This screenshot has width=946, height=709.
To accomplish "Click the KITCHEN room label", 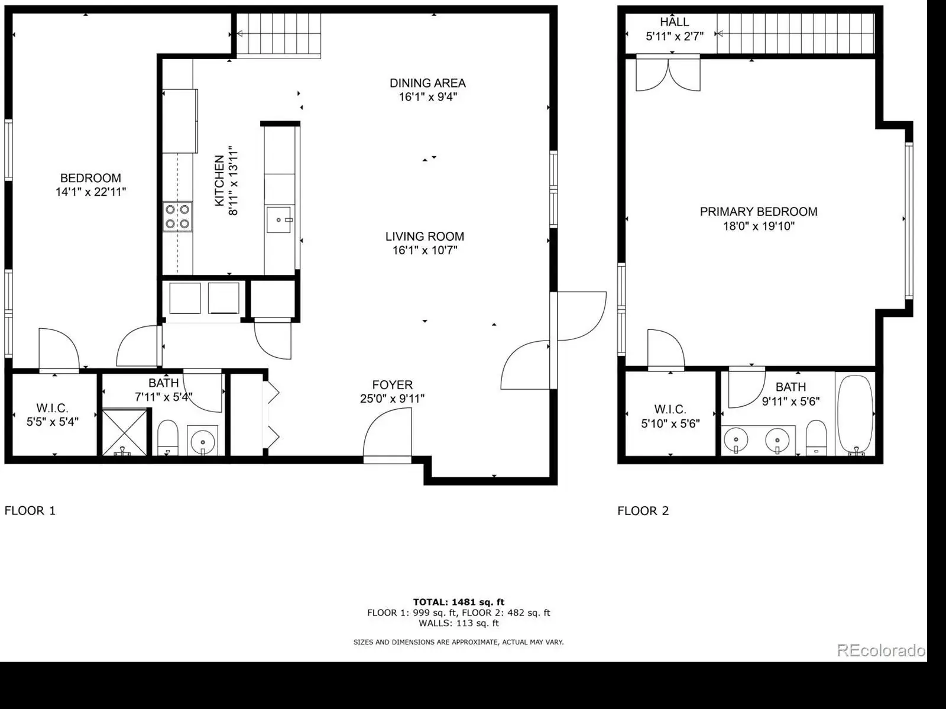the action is coord(219,180).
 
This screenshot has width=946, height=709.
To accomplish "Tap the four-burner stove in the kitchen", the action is coord(177,216).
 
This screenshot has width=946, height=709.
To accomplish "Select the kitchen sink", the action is coord(279,220).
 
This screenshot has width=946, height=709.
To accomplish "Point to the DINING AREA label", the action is coord(427,83).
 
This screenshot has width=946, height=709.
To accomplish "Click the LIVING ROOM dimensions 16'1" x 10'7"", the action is coord(425,250).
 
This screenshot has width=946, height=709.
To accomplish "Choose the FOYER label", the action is coord(392,384).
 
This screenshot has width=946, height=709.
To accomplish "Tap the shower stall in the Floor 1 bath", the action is coord(125,432).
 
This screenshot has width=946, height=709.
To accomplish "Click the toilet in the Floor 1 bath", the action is coord(168,438).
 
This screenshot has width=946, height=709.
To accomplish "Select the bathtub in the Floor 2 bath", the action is coord(855,415).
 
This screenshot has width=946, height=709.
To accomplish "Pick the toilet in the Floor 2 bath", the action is coord(817,438).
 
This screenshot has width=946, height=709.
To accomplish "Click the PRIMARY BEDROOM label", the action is coord(759,212).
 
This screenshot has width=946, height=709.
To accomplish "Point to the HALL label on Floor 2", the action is coord(675,21).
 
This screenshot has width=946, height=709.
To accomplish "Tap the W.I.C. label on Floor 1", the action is coord(52,408).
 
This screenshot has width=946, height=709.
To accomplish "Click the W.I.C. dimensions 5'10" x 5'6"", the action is coord(670,423).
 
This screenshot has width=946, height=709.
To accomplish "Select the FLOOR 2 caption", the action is coord(643,511).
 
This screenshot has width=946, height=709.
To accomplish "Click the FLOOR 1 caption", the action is coord(30,511).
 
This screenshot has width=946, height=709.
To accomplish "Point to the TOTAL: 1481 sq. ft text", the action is coord(459,602).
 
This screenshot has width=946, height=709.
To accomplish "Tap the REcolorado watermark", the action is coord(881,650).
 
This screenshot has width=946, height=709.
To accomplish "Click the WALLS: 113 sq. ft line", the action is coord(459,623).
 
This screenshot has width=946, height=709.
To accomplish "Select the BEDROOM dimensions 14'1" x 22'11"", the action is coord(90,192).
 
